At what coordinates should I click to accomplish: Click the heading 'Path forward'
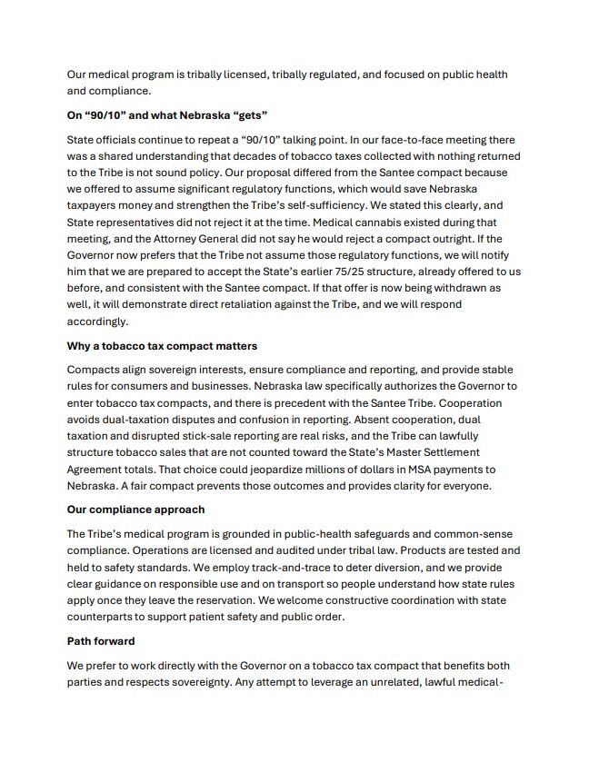click(x=102, y=641)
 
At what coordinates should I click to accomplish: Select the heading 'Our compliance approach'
click(x=135, y=510)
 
